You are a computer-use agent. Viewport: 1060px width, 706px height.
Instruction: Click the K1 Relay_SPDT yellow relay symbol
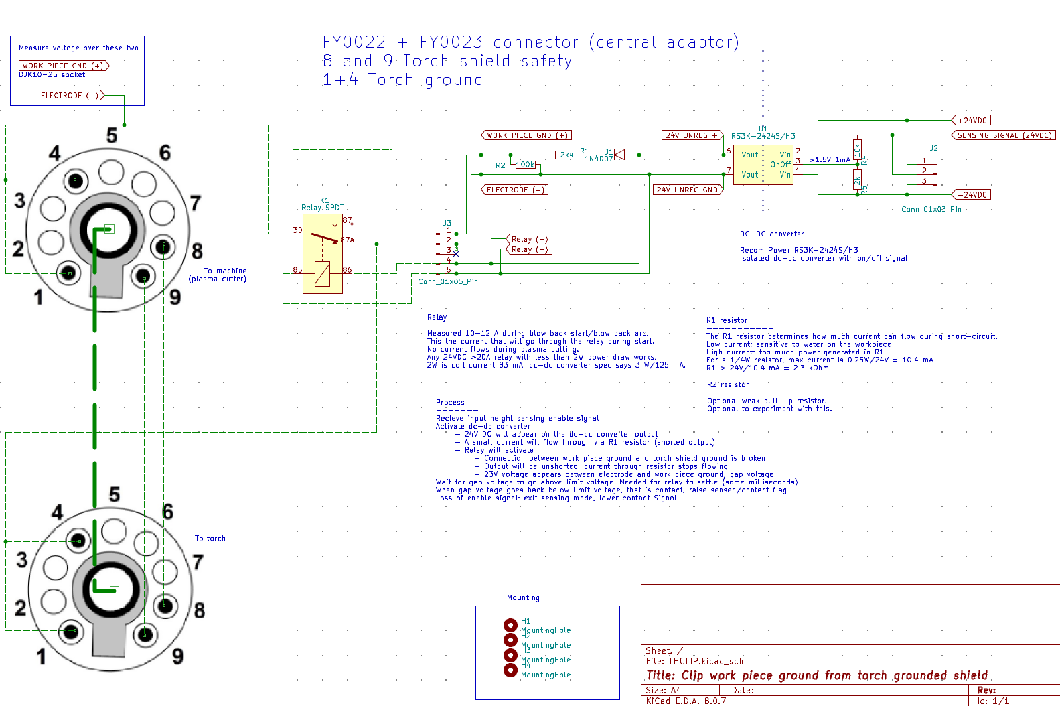tap(323, 254)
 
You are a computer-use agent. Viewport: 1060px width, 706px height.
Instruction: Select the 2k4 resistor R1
tap(566, 155)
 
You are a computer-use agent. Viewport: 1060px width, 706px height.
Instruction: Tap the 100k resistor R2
tap(526, 165)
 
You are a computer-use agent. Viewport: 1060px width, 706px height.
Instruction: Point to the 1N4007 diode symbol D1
tap(619, 155)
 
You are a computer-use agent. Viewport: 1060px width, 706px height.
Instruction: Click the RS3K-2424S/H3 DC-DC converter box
tap(763, 165)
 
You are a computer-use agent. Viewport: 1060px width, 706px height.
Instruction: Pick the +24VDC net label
tap(972, 121)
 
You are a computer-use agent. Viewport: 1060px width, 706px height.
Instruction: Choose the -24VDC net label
tap(972, 195)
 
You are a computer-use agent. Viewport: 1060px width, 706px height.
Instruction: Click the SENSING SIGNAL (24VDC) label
tap(1004, 135)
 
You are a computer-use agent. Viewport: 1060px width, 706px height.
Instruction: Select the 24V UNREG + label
tap(692, 135)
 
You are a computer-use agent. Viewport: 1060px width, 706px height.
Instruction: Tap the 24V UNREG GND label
tap(687, 190)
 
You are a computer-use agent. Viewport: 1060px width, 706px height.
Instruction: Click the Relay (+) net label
tap(530, 239)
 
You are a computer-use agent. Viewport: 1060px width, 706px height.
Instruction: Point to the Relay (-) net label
tap(530, 249)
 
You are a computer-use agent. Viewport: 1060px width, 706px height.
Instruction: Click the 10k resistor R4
tap(857, 149)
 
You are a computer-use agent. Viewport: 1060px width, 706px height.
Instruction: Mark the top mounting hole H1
tap(510, 625)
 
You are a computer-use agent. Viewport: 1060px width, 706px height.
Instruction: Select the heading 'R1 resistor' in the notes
tap(727, 320)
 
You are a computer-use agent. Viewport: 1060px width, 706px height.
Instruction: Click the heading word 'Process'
tap(450, 402)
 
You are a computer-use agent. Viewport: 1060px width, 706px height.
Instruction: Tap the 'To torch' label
tap(210, 539)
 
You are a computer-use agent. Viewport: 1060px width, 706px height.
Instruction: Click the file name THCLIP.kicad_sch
tap(706, 662)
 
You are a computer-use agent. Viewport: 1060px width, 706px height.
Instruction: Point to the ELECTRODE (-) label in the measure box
tap(70, 96)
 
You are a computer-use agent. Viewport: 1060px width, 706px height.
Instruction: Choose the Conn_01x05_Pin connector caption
tap(448, 281)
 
